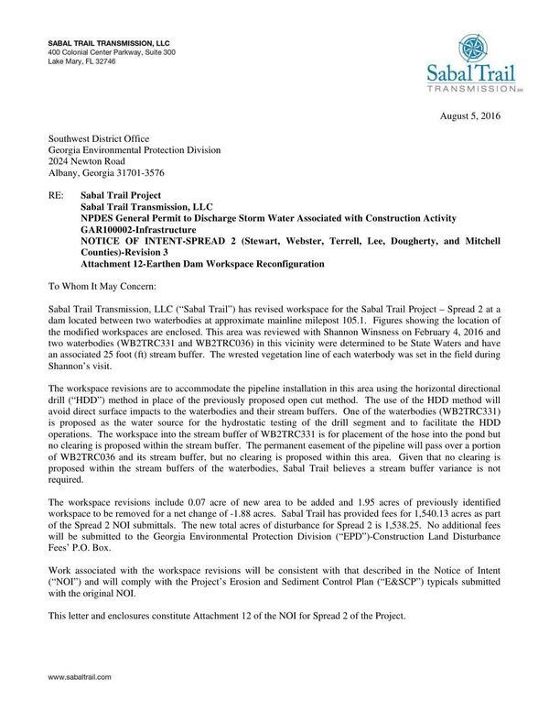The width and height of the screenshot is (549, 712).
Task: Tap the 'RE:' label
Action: pyautogui.click(x=57, y=195)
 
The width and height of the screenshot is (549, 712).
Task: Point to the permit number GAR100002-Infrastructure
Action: pyautogui.click(x=139, y=228)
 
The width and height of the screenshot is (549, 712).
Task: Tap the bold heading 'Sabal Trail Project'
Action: pyautogui.click(x=121, y=195)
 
